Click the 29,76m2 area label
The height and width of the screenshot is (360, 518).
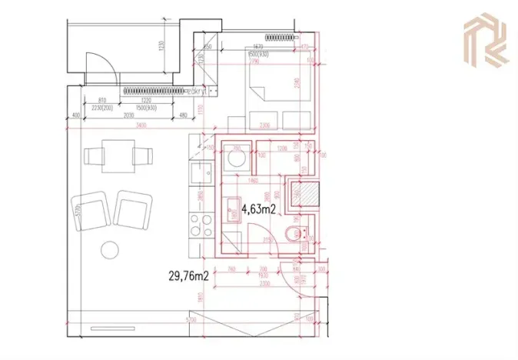189,274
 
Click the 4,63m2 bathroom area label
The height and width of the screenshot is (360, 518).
259,208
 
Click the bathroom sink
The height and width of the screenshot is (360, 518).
231,207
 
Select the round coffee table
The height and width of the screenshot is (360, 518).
110,249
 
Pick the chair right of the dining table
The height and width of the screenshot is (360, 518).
141,155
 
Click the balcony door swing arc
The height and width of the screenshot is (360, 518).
100,65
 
